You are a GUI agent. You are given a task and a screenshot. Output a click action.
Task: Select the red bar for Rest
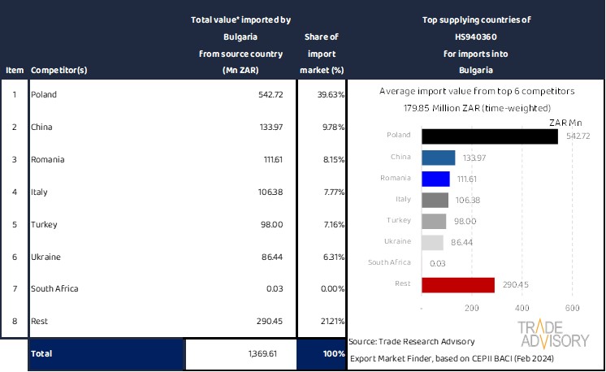point(458,284)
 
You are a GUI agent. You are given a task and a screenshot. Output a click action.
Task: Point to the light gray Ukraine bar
point(432,242)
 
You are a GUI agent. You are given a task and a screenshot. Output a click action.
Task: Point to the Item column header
point(15,69)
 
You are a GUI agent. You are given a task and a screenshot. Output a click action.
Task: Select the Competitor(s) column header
point(58,69)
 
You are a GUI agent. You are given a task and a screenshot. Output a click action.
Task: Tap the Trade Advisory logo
point(554,334)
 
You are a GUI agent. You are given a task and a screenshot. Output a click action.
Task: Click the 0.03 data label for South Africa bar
point(436,263)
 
